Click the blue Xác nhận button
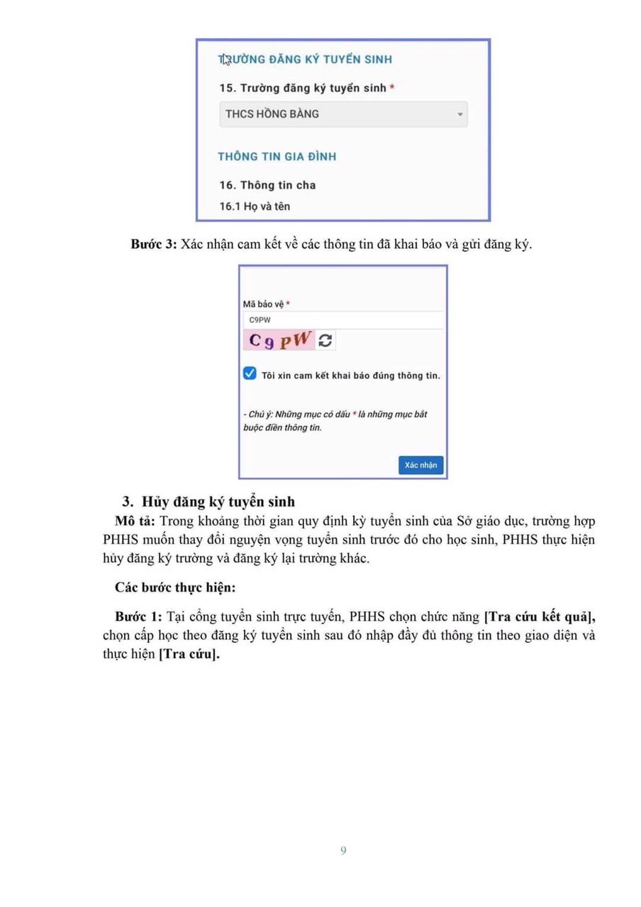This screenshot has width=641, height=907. pyautogui.click(x=420, y=465)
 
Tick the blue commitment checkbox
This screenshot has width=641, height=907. pyautogui.click(x=250, y=374)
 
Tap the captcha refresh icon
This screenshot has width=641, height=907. pyautogui.click(x=325, y=341)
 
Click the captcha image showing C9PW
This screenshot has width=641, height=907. pyautogui.click(x=279, y=341)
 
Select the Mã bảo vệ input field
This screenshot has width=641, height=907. pyautogui.click(x=343, y=320)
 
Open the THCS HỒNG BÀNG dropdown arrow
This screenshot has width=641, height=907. pyautogui.click(x=459, y=114)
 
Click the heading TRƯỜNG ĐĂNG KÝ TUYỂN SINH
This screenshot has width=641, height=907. pyautogui.click(x=305, y=60)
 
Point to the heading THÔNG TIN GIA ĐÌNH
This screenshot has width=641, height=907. pyautogui.click(x=277, y=157)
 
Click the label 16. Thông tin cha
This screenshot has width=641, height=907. pyautogui.click(x=267, y=185)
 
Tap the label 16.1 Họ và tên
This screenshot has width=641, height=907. pyautogui.click(x=255, y=206)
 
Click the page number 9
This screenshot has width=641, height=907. pyautogui.click(x=343, y=850)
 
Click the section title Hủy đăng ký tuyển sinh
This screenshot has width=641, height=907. pyautogui.click(x=218, y=502)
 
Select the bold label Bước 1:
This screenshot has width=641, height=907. pyautogui.click(x=138, y=616)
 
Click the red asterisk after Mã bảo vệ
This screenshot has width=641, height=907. pyautogui.click(x=288, y=304)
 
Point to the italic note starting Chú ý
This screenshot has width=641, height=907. pyautogui.click(x=335, y=420)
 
